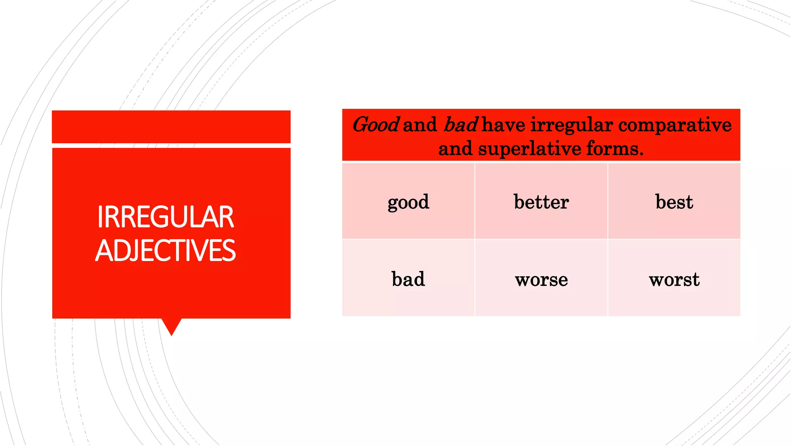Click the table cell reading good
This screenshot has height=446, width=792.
(x=408, y=202)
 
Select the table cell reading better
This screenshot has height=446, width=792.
(x=541, y=202)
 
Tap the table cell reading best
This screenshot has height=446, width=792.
(x=674, y=202)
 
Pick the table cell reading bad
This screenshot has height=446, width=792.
(x=408, y=279)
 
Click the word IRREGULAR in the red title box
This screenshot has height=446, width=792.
(x=166, y=217)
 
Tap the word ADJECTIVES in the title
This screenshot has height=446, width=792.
(x=166, y=250)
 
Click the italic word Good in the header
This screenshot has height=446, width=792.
(x=376, y=125)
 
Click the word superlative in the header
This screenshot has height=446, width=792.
(x=529, y=149)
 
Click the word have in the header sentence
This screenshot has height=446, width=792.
(x=504, y=125)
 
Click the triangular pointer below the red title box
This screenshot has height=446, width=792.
(x=171, y=325)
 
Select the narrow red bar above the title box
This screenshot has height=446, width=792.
(x=171, y=127)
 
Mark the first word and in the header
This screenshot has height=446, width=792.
(x=420, y=125)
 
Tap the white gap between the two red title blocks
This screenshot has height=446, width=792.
(x=171, y=146)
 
